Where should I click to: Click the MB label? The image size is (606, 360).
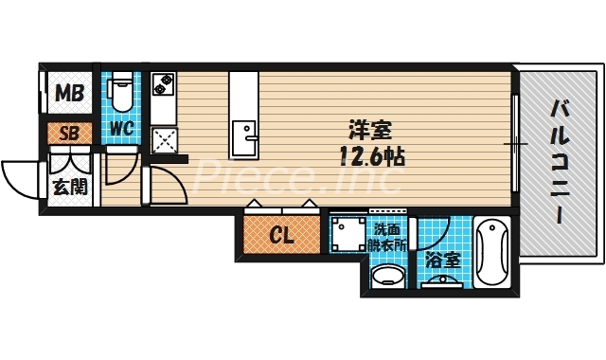point(67,93)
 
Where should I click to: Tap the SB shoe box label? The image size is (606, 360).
point(68,133)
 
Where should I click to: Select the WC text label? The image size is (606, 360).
point(121,128)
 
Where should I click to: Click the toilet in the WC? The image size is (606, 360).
point(121,92)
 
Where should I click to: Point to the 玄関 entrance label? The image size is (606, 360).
point(68,186)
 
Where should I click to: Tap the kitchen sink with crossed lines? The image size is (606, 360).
point(163,143)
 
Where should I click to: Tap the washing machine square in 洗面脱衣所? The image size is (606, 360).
point(348,234)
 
